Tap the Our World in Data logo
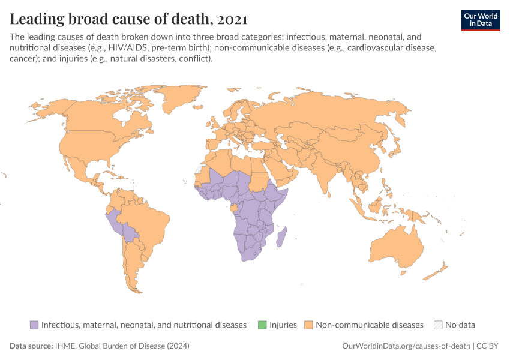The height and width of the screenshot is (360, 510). [x=480, y=20]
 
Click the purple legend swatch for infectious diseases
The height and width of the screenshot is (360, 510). [x=34, y=325]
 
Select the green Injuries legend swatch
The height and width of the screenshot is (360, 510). [x=262, y=325]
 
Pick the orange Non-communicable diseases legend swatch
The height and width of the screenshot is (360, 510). [x=309, y=325]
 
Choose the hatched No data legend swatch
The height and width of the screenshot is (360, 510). [x=438, y=325]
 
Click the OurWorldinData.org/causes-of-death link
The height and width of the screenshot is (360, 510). [x=406, y=346]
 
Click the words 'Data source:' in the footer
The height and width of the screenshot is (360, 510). [x=30, y=346]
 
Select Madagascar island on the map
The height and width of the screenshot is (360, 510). [x=281, y=236]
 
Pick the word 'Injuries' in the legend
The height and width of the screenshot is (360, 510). [x=283, y=325]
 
